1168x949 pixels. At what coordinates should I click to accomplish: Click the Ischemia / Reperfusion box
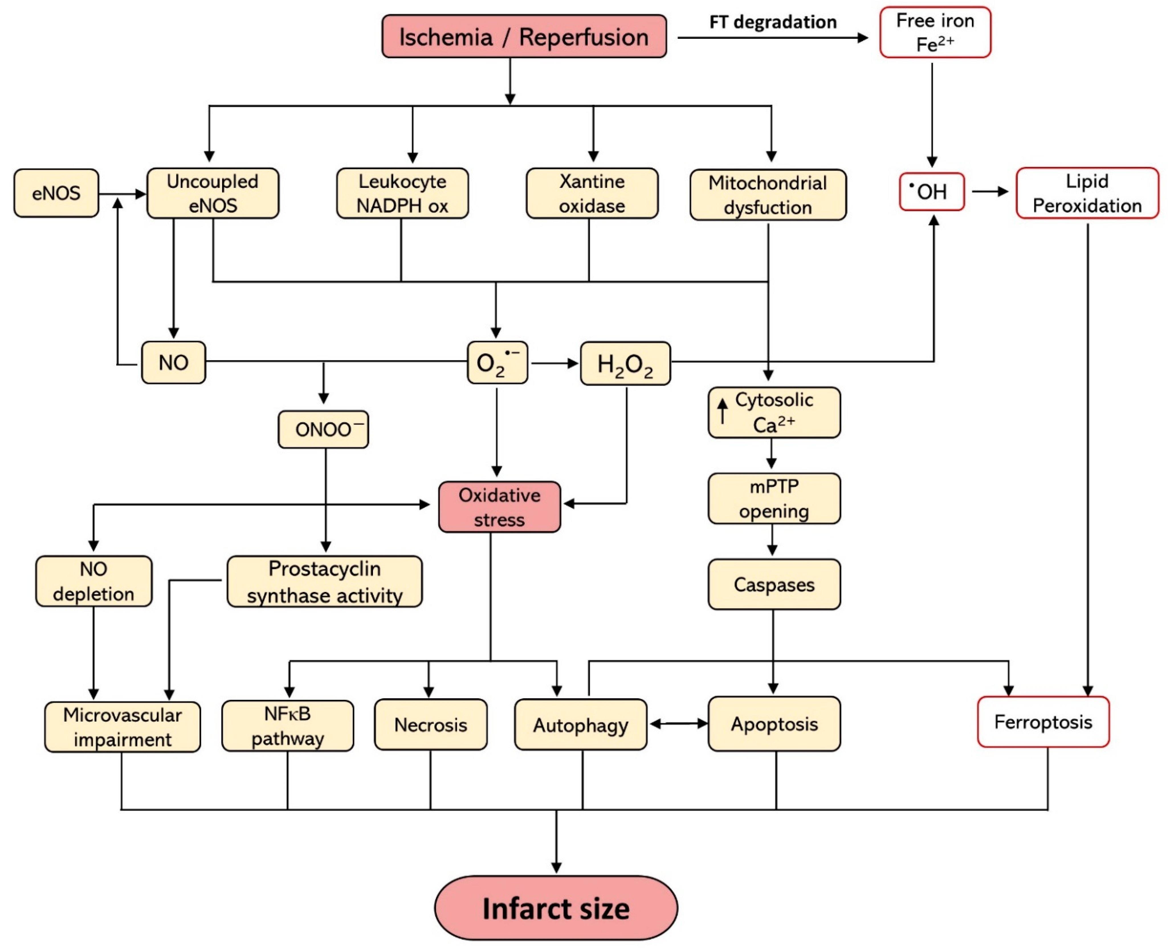pos(524,37)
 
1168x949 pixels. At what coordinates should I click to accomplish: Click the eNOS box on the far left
pos(56,193)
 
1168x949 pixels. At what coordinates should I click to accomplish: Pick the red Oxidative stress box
pos(499,507)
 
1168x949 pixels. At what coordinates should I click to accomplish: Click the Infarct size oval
pos(556,908)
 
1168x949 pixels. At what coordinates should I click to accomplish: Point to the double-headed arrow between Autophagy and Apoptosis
pos(678,724)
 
